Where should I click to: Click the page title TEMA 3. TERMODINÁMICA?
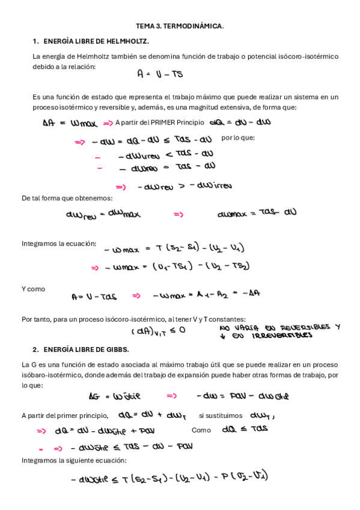(180, 26)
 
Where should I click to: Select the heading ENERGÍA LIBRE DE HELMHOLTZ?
(96, 41)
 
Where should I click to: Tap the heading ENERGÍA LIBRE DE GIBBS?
(86, 349)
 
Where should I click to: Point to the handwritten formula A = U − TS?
(160, 75)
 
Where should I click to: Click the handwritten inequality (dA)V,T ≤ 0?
(158, 331)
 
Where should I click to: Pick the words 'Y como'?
(33, 289)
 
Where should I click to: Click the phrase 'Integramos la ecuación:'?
(59, 244)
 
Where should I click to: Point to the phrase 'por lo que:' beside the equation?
(238, 138)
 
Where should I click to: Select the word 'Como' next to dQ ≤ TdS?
(201, 430)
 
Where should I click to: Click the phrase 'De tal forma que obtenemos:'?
(67, 198)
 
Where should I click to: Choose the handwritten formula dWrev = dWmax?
(103, 214)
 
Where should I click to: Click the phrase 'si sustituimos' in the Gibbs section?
(221, 415)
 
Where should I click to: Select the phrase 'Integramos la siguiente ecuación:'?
(74, 460)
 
